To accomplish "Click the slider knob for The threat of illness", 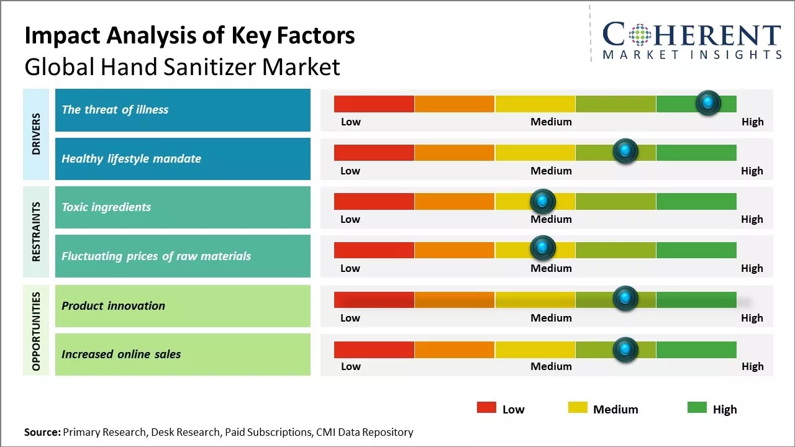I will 707,103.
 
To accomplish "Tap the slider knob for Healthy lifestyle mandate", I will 625,151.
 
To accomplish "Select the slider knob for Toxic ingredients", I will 543,201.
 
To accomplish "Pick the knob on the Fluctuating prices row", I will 543,248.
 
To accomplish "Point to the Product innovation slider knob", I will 625,299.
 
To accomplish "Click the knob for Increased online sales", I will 625,350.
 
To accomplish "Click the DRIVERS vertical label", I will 36,134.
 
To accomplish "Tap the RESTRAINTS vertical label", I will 36,232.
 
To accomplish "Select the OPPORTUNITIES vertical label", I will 36,331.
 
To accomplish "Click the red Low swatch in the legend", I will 486,408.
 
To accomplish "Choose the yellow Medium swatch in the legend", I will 578,408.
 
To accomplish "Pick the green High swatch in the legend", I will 697,408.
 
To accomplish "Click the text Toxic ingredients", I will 106,207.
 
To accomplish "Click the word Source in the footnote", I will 42,432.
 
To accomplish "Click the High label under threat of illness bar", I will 752,122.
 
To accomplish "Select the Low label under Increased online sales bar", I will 350,366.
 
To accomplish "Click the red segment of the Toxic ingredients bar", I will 374,201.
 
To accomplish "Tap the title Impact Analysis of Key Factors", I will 189,36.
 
